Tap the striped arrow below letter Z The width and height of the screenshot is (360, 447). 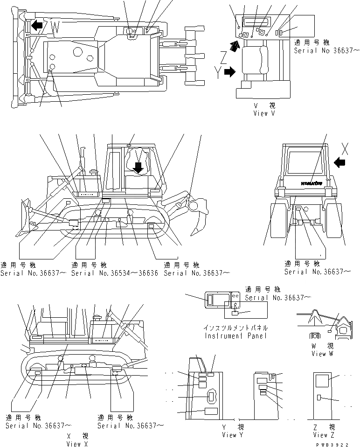[x=236, y=44]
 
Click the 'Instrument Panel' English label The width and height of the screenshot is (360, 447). [x=235, y=335]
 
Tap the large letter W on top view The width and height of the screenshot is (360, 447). [x=55, y=28]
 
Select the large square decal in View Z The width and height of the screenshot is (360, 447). [x=322, y=381]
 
